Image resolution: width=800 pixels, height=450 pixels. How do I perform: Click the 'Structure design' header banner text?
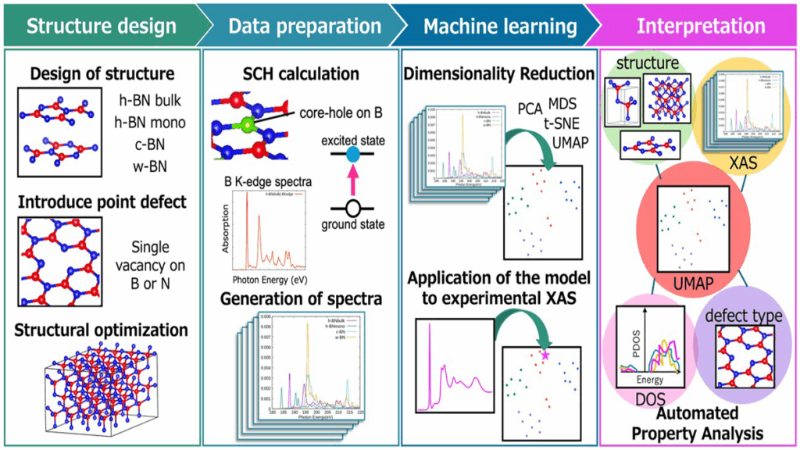102,27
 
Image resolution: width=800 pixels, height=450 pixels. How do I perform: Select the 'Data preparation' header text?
305,27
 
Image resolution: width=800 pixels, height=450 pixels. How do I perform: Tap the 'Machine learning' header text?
500,27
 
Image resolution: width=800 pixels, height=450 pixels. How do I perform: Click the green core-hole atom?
248,123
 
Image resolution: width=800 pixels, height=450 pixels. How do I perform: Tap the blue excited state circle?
351,155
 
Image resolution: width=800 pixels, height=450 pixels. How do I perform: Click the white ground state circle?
351,208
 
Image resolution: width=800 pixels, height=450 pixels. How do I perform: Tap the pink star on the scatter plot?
545,355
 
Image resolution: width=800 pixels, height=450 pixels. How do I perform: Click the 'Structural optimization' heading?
102,330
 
